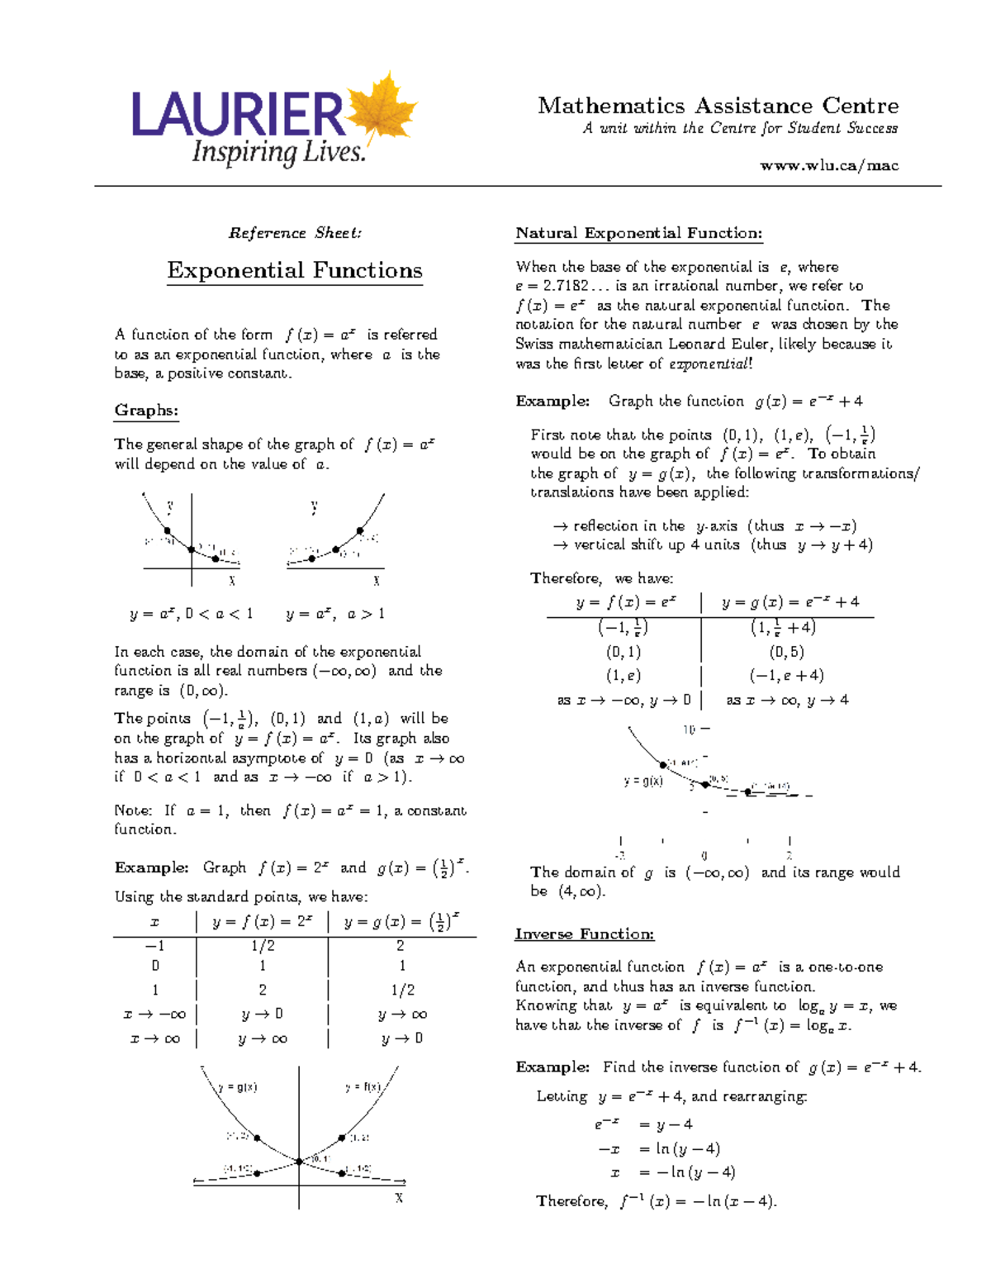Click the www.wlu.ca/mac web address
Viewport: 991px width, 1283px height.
(x=828, y=165)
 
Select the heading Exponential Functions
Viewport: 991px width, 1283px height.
(x=295, y=271)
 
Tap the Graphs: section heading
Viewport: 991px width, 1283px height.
(x=146, y=411)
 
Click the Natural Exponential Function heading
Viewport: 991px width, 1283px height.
(x=638, y=233)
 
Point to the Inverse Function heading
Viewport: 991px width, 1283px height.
(x=584, y=934)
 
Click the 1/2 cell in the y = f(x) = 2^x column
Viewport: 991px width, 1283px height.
(x=263, y=946)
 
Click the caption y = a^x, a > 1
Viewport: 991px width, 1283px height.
(x=335, y=614)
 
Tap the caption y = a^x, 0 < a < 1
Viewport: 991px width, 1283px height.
(x=191, y=614)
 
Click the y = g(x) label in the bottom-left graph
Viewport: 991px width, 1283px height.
(x=238, y=1087)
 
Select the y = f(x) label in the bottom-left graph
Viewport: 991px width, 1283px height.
(x=363, y=1087)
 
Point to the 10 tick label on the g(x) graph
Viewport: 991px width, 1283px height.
(x=689, y=729)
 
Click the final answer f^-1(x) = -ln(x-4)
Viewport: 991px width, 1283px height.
(x=698, y=1202)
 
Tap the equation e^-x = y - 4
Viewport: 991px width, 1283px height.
(x=643, y=1124)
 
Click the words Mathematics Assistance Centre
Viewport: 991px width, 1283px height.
(x=718, y=107)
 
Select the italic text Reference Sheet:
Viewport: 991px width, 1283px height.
(x=295, y=233)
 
